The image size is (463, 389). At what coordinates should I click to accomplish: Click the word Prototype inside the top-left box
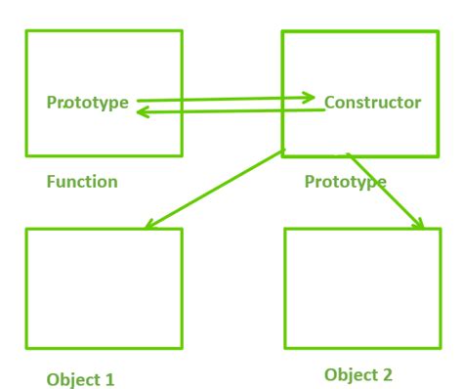(x=87, y=102)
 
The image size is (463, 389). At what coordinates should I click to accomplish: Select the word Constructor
(x=372, y=102)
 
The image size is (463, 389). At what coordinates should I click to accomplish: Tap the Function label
(x=82, y=182)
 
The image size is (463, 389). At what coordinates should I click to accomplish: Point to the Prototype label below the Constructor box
(x=345, y=182)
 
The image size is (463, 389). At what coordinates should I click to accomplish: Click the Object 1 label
(x=80, y=379)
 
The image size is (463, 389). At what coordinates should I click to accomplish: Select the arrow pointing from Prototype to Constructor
(x=225, y=99)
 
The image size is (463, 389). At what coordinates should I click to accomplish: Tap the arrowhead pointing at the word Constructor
(x=310, y=97)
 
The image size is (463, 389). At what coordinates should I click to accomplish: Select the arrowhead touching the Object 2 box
(x=419, y=224)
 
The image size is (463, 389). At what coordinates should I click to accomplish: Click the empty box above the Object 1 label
(x=104, y=288)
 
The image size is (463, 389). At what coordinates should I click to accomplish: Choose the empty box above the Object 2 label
(x=360, y=288)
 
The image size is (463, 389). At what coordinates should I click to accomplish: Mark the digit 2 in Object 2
(x=391, y=374)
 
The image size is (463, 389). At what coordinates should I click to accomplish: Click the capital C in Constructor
(x=329, y=102)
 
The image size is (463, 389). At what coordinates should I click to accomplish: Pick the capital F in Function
(x=51, y=182)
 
